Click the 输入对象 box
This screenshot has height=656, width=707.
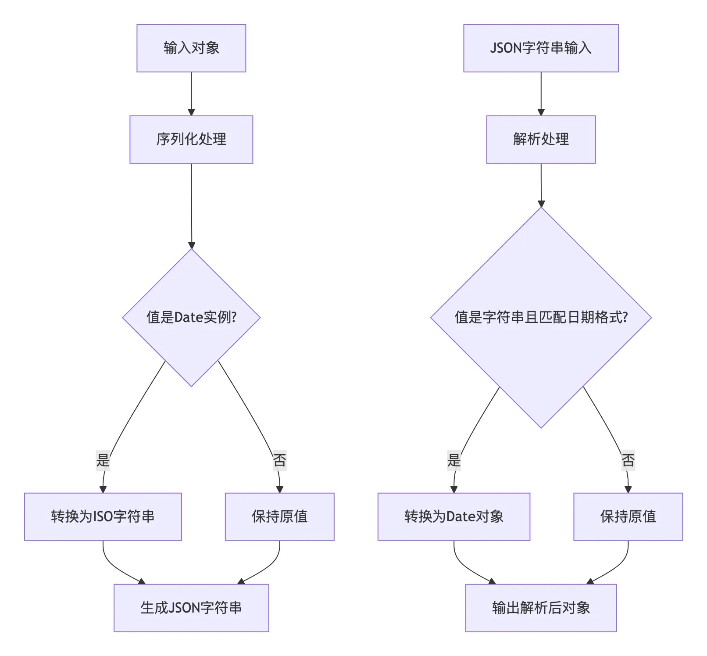(191, 48)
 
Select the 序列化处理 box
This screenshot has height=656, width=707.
(191, 140)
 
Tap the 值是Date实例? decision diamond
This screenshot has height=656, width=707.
(191, 317)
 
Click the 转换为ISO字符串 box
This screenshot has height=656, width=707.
(103, 516)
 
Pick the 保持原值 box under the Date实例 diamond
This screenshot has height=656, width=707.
(279, 516)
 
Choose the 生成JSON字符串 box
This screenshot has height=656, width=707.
(191, 608)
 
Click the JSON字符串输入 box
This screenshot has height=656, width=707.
(541, 48)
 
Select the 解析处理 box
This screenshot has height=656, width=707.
(541, 140)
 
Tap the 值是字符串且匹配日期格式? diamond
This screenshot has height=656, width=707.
(541, 317)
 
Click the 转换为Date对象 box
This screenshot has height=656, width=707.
(454, 516)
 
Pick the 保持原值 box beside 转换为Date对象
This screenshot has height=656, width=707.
(628, 516)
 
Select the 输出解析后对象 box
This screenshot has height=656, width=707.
(541, 608)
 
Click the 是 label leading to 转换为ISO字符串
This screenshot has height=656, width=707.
(103, 460)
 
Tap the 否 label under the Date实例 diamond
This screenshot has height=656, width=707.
(279, 460)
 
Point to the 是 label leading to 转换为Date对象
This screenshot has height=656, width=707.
(454, 460)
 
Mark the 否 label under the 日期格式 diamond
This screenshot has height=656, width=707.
(628, 460)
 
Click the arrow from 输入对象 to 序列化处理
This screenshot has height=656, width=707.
(191, 94)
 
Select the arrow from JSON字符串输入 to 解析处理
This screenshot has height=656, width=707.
(541, 94)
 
